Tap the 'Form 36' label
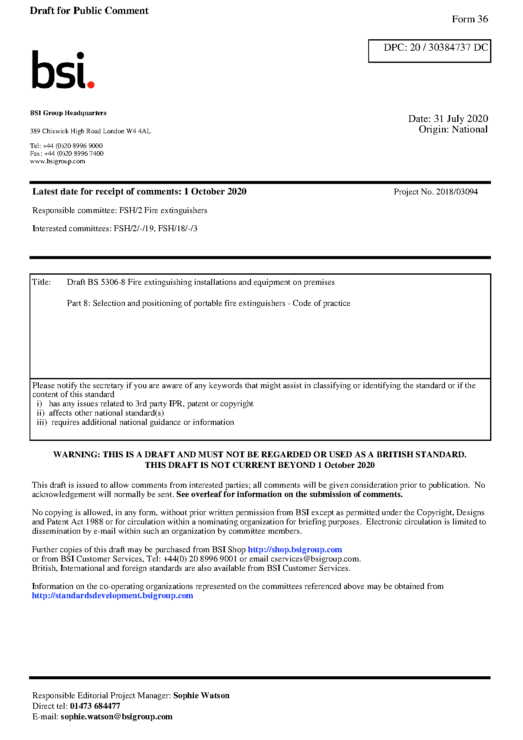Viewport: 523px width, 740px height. [469, 19]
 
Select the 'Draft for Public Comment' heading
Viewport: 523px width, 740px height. [89, 11]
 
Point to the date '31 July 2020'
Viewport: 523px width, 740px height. [461, 119]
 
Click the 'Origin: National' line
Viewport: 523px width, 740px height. [453, 130]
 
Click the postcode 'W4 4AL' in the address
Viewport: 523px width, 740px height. [138, 131]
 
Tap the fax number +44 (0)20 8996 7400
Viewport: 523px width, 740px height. [74, 154]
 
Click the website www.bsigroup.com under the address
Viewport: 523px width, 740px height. [57, 161]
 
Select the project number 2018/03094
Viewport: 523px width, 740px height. [457, 192]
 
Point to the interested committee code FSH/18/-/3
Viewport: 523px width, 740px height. [178, 229]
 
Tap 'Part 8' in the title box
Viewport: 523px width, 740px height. [78, 303]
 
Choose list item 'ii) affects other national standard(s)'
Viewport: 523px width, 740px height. [100, 413]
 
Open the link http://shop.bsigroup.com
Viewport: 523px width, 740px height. [294, 550]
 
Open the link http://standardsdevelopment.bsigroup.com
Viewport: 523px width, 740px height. [112, 596]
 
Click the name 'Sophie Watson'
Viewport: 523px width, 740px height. [201, 696]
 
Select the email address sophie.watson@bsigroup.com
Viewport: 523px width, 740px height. [116, 717]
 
